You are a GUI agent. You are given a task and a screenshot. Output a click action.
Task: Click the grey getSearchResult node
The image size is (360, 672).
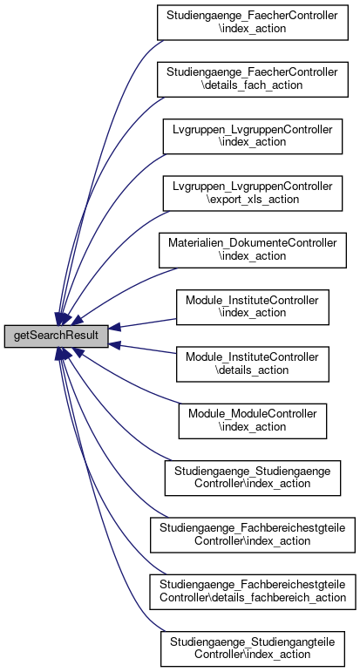(56, 336)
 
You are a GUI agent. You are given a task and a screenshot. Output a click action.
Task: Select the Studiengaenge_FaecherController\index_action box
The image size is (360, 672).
(252, 23)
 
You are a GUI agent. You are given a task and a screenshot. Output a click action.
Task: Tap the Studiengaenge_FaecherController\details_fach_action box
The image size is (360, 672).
(252, 79)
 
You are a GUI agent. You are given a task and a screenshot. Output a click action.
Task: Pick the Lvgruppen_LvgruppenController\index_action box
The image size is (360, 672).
(252, 136)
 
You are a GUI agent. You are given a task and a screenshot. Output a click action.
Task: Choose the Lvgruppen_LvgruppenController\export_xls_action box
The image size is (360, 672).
(252, 193)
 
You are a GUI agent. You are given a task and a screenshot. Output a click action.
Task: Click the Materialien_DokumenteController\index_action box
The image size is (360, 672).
(252, 250)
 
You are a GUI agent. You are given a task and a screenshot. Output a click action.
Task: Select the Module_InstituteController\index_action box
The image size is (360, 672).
(252, 308)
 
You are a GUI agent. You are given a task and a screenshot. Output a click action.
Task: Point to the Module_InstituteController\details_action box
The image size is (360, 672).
(252, 363)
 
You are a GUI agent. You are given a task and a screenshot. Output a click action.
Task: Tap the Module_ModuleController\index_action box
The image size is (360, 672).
(252, 421)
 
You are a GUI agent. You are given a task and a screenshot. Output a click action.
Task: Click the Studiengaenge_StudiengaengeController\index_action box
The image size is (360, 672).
(252, 478)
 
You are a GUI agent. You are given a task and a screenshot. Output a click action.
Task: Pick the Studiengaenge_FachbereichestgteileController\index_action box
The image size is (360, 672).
(252, 535)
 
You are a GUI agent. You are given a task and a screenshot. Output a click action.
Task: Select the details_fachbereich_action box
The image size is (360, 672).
(252, 592)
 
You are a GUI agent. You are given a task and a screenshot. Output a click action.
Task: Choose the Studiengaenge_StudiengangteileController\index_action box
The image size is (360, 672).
(252, 648)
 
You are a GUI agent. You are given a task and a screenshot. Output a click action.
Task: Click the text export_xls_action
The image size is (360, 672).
(252, 200)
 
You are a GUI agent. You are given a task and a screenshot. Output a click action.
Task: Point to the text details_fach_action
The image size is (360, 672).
(252, 85)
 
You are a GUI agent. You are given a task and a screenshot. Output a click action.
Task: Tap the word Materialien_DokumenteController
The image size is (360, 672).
(252, 243)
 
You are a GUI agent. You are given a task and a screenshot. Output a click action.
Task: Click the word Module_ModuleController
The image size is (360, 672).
(252, 414)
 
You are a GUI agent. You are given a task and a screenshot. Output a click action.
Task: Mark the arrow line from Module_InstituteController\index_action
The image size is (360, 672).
(142, 324)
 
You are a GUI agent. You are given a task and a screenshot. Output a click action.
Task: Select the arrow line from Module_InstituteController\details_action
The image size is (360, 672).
(142, 348)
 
